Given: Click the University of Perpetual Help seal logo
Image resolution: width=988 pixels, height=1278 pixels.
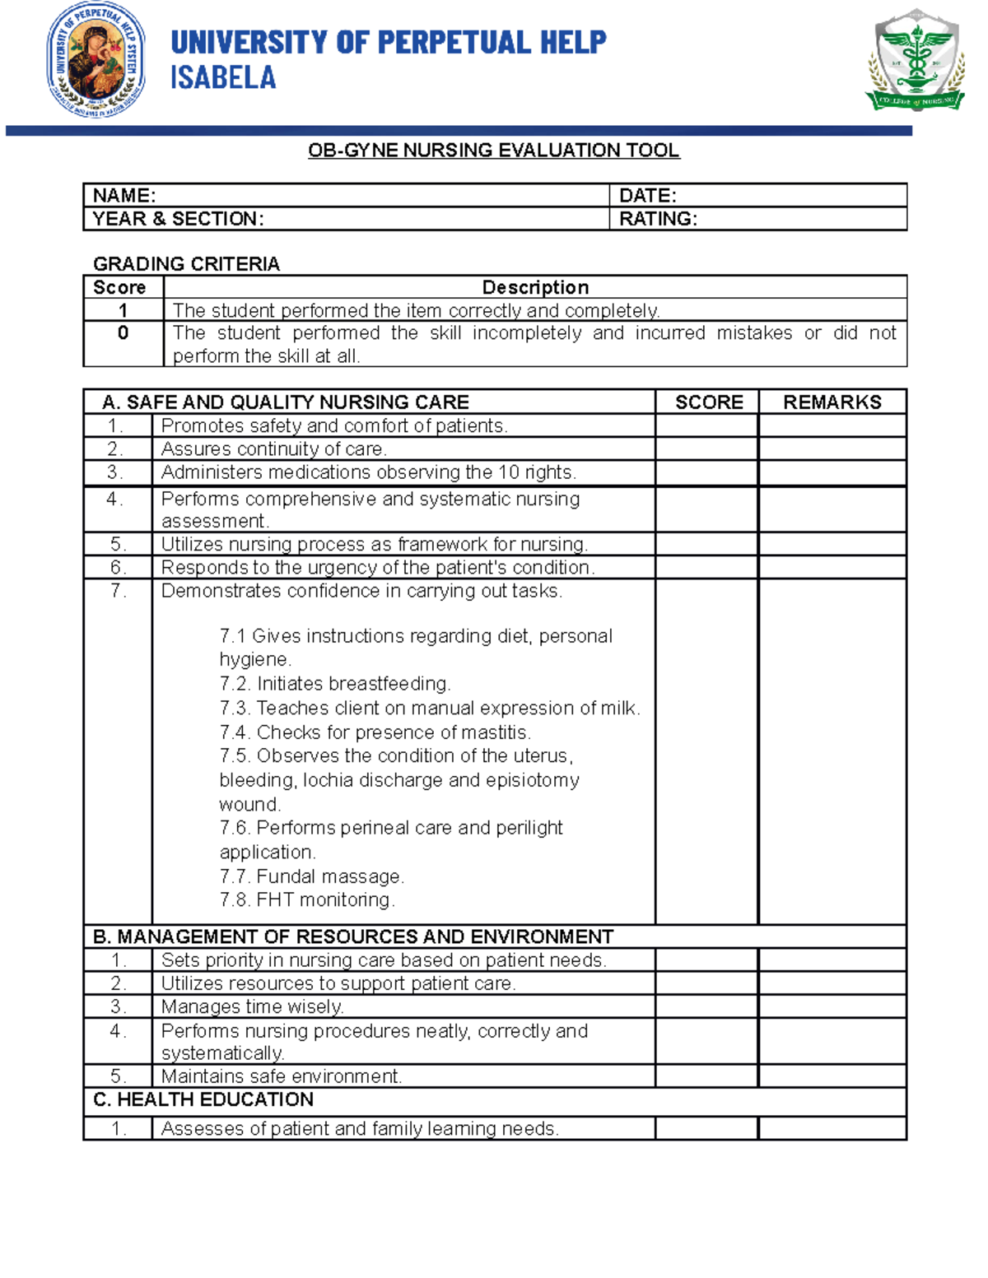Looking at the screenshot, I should [x=96, y=60].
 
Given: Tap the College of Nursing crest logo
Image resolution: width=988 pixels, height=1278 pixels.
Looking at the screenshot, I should [x=915, y=62].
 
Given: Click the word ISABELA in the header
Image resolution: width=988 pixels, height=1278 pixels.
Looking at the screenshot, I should [x=222, y=78].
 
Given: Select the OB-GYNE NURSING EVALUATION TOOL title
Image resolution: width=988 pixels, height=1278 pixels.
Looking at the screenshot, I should [x=493, y=151].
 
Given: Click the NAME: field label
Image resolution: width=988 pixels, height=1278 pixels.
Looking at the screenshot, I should [x=124, y=196].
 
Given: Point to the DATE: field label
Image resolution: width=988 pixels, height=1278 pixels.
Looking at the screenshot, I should [x=647, y=196].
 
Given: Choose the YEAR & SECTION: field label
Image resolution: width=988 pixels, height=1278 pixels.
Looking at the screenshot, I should [x=178, y=219].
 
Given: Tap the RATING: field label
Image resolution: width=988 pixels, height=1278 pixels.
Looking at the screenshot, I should [x=658, y=219].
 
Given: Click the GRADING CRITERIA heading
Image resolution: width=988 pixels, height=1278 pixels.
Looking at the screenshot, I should [x=186, y=264].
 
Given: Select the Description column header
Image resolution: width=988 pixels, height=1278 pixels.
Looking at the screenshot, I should [x=535, y=287].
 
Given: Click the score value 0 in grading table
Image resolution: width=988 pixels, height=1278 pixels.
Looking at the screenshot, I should [x=123, y=333].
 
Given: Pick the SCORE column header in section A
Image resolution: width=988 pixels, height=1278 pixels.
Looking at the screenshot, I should [x=708, y=402].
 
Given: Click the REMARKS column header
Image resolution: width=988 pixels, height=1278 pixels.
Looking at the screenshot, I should [x=832, y=402].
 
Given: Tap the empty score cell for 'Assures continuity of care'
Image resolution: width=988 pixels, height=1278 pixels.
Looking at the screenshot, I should [x=706, y=449].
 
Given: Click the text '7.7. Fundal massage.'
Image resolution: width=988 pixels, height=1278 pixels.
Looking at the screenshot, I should [x=311, y=876].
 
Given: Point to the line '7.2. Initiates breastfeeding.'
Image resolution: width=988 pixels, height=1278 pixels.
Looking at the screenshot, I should [x=335, y=684].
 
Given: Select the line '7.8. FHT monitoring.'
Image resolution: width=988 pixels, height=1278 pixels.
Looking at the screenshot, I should [x=307, y=900].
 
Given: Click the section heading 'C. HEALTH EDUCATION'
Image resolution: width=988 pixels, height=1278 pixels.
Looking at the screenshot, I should [x=203, y=1100].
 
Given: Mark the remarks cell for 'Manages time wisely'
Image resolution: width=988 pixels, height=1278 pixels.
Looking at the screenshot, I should [x=832, y=1006].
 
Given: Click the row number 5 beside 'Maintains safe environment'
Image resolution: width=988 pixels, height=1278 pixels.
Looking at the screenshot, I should [x=118, y=1076].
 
